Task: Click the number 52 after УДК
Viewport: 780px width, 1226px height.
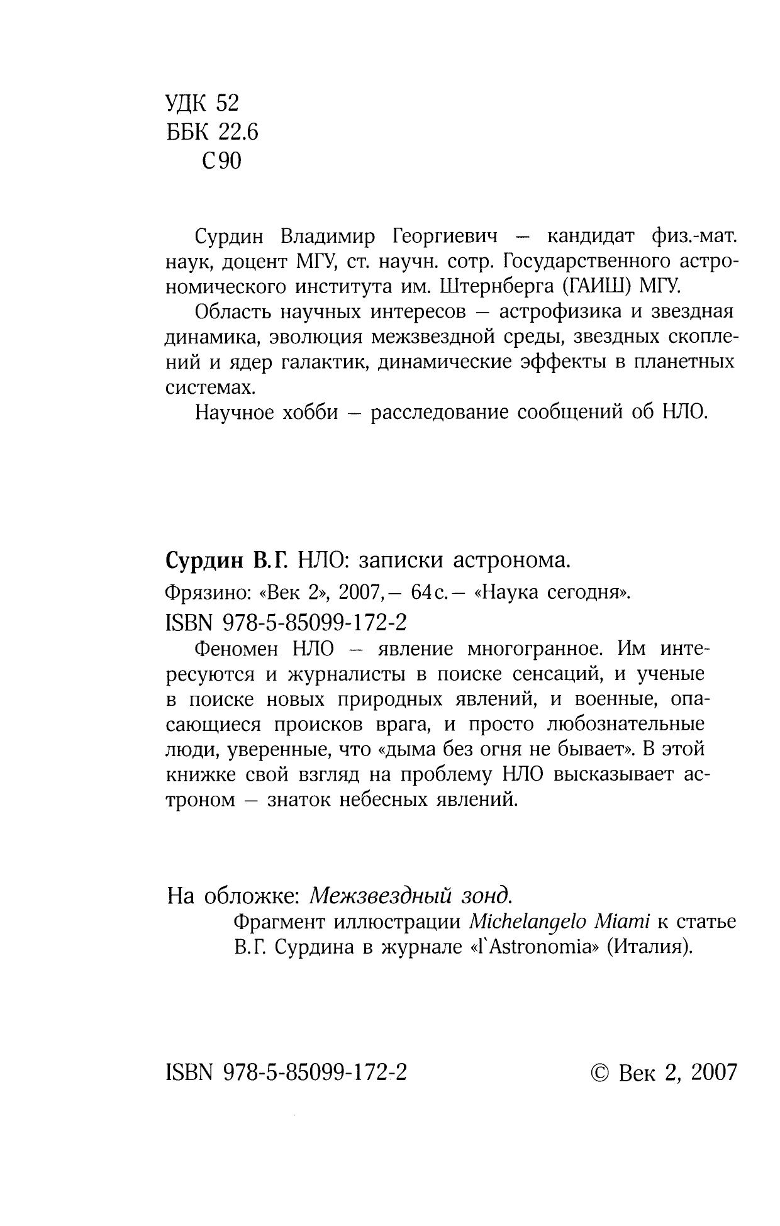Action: click(x=227, y=103)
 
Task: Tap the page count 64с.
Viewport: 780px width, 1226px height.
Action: click(x=428, y=593)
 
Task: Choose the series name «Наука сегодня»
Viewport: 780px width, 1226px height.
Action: click(x=554, y=593)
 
